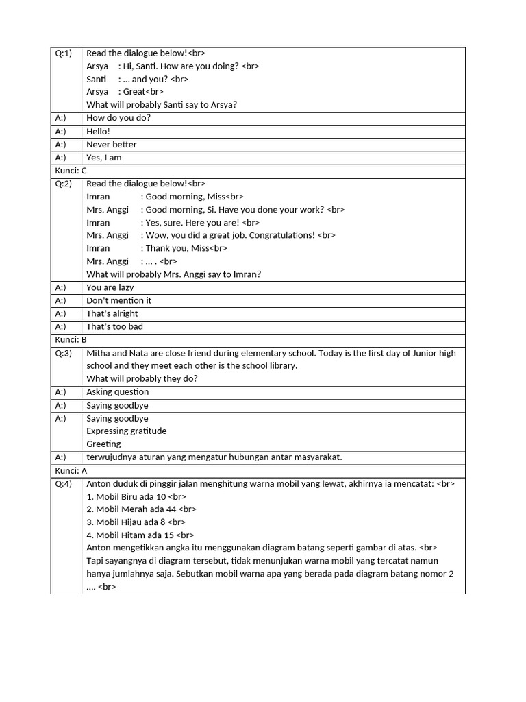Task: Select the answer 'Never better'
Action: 111,145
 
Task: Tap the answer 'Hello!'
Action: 98,132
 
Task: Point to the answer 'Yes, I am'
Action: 103,158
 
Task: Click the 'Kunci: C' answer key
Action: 71,171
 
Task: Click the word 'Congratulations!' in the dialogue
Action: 281,235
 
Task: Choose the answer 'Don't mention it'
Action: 118,300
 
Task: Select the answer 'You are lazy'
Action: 110,287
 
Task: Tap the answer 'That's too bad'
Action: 114,327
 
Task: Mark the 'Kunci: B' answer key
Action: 71,340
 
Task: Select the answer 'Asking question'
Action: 117,392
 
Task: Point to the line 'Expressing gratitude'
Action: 126,431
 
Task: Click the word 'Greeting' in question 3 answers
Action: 103,444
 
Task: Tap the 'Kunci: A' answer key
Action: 71,471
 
